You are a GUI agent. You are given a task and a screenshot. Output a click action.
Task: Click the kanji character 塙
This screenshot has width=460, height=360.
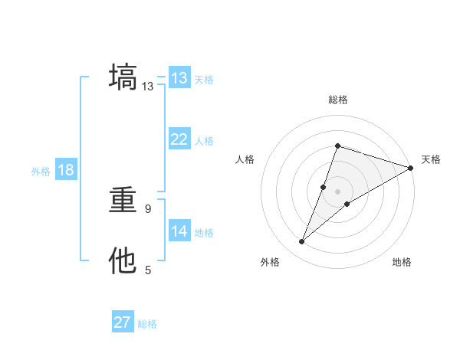coord(123,78)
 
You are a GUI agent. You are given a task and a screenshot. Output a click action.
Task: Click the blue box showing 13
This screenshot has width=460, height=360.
coord(179,78)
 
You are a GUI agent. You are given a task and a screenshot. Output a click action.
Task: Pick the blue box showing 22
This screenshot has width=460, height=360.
coord(179,139)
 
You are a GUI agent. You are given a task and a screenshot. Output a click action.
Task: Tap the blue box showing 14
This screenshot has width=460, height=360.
coord(179,231)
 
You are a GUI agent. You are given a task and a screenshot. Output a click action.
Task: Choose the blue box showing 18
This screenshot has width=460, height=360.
coord(66,170)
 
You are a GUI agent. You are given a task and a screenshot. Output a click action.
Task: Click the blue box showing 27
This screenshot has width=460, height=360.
coord(123,322)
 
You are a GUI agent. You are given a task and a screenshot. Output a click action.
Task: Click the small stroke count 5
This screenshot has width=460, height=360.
coord(148,270)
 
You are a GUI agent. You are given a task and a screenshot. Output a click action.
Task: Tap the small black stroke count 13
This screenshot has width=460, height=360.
coord(148,87)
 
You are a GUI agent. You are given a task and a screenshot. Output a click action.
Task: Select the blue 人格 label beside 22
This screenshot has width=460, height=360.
coord(204,141)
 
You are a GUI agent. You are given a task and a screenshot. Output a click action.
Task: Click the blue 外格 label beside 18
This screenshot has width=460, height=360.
coord(41,172)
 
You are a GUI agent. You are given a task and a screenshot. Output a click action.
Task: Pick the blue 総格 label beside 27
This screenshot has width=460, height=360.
coord(147,324)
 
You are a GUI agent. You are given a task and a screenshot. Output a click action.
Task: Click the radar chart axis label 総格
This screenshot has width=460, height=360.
coord(337,100)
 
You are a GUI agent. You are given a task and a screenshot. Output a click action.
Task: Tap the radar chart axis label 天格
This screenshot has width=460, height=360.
coord(431,159)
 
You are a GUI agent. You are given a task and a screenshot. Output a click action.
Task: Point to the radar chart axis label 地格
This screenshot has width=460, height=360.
coord(402,263)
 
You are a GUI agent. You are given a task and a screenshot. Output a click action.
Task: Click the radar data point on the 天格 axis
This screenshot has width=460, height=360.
coord(410,168)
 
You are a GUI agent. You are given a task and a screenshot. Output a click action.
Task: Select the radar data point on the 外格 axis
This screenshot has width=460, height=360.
coord(302,242)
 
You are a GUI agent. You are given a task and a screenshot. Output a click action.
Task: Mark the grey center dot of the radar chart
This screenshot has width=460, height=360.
coord(337,191)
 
